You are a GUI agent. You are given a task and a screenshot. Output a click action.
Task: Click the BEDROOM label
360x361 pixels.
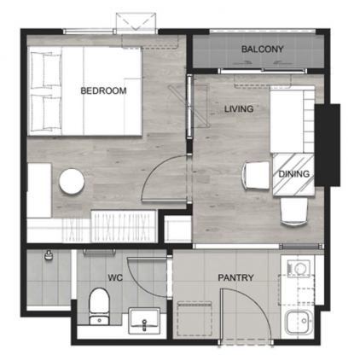tap(103, 90)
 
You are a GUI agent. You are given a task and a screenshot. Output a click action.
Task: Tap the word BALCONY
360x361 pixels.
tap(262, 49)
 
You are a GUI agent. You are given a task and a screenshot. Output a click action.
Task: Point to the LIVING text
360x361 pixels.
tap(240, 109)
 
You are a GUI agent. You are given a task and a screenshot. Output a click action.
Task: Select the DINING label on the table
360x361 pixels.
tap(293, 175)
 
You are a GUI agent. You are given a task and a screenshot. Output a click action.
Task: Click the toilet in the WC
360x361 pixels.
tap(99, 304)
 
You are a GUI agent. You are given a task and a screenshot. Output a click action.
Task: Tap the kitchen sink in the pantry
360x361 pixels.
tap(299, 322)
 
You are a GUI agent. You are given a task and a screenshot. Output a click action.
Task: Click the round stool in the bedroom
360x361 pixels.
tap(71, 181)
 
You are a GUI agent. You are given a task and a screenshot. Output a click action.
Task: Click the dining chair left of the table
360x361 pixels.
tap(255, 177)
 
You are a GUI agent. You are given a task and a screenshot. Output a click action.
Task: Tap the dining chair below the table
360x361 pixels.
tap(293, 210)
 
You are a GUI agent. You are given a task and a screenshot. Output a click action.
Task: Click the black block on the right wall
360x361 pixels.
tap(328, 145)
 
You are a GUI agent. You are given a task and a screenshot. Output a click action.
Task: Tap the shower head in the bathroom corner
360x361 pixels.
tap(49, 254)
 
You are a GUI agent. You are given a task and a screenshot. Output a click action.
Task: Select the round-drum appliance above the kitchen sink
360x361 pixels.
tap(298, 268)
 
